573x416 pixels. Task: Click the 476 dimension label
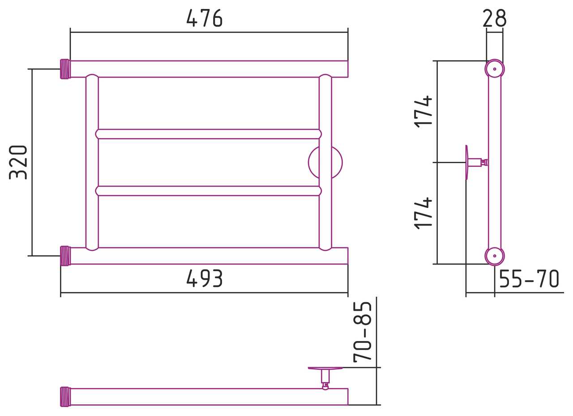[205, 18]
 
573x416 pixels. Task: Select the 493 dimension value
[205, 278]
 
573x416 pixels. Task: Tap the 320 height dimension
[18, 162]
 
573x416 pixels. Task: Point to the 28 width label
[495, 18]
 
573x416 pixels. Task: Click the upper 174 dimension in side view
[423, 112]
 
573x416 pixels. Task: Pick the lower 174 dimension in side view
[423, 213]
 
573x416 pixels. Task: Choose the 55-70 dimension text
[529, 278]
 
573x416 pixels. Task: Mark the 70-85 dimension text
[362, 332]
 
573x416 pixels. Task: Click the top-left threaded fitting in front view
[65, 69]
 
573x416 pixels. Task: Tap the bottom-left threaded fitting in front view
[65, 256]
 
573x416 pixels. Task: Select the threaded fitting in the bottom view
[65, 397]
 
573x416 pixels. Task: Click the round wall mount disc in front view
[337, 162]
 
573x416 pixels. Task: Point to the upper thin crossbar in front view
[209, 134]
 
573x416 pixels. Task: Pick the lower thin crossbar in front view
[209, 191]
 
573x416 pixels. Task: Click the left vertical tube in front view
[92, 162]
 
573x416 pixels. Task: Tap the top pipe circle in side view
[495, 69]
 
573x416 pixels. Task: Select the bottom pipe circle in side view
[495, 256]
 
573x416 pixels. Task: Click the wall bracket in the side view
[476, 162]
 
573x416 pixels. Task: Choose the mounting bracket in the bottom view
[325, 378]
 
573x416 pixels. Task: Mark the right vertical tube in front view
[325, 162]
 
